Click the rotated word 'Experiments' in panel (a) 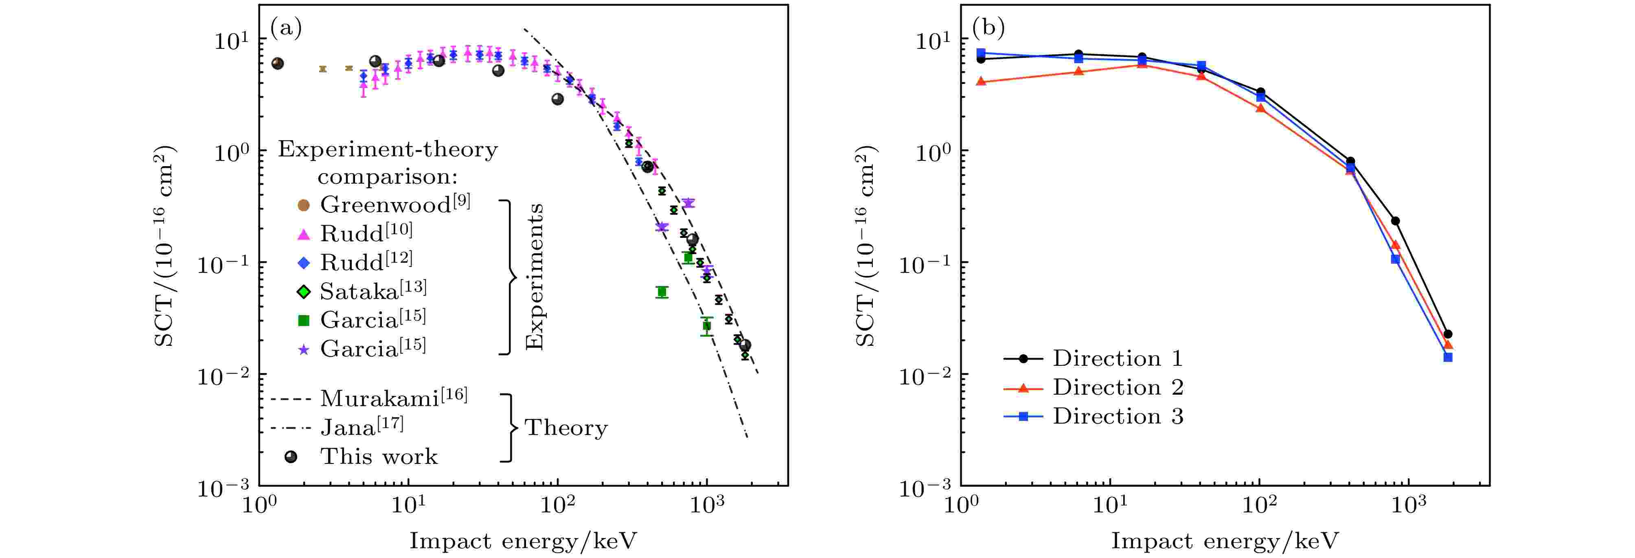(x=535, y=277)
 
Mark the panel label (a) (x=286, y=28)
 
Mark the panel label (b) (x=988, y=28)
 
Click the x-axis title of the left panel (x=523, y=541)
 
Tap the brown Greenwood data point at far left (x=277, y=64)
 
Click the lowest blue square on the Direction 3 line (x=1448, y=357)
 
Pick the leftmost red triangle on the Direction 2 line (x=981, y=81)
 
